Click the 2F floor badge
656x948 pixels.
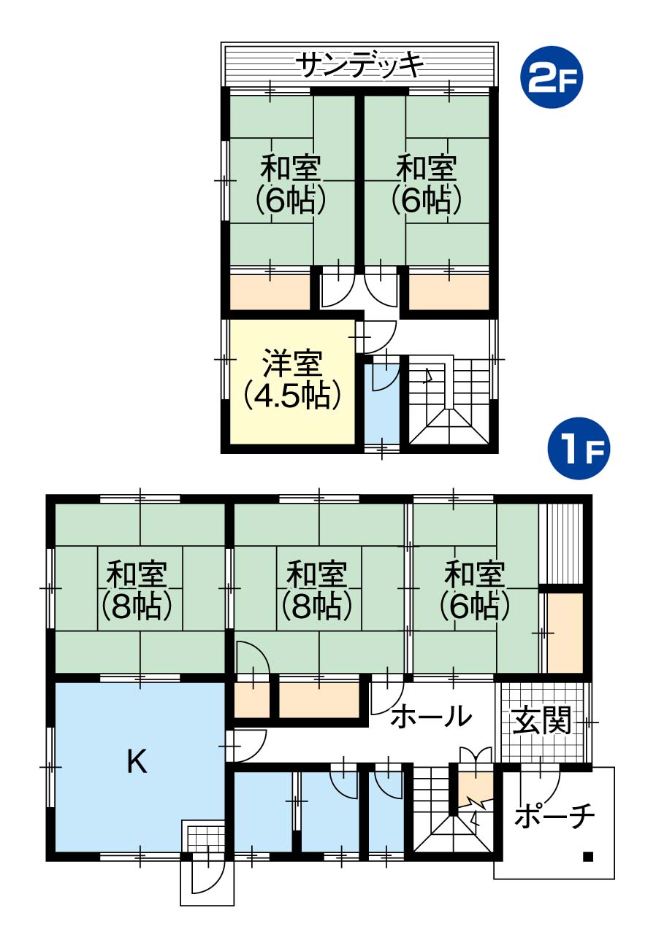point(551,77)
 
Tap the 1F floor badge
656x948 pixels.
point(579,448)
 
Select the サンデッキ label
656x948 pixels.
point(360,65)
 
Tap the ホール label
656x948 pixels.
point(431,715)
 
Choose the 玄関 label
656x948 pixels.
point(541,720)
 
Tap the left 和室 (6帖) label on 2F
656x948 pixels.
point(291,184)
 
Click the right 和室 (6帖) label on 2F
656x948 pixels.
point(426,184)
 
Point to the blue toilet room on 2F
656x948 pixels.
point(382,399)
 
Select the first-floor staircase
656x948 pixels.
point(452,812)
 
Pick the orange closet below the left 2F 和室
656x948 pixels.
point(270,292)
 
